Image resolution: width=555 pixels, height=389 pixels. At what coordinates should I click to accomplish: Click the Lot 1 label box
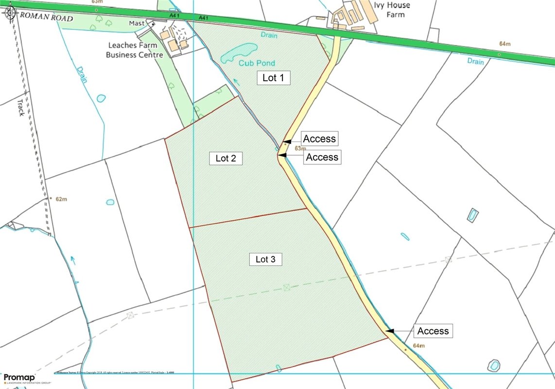[x=273, y=78]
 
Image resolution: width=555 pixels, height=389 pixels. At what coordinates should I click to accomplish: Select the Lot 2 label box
[x=226, y=158]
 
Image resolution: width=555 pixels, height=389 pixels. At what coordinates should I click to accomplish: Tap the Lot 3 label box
[x=265, y=259]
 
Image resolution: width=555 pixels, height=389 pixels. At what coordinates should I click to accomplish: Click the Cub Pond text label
[x=257, y=63]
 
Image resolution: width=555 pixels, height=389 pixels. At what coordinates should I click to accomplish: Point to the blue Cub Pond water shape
[x=238, y=52]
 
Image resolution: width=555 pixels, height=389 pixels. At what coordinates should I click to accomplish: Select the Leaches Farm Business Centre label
[x=135, y=50]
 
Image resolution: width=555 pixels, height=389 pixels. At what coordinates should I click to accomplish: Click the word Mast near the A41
[x=137, y=23]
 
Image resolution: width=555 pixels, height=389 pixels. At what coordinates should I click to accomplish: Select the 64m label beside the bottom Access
[x=418, y=346]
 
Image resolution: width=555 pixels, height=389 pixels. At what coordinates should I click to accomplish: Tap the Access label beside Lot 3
[x=433, y=331]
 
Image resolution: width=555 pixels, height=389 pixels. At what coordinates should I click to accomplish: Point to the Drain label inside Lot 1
[x=268, y=35]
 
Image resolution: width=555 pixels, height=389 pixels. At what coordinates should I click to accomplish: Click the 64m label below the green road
[x=505, y=44]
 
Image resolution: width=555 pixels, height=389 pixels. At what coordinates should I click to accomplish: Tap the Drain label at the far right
[x=476, y=62]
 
